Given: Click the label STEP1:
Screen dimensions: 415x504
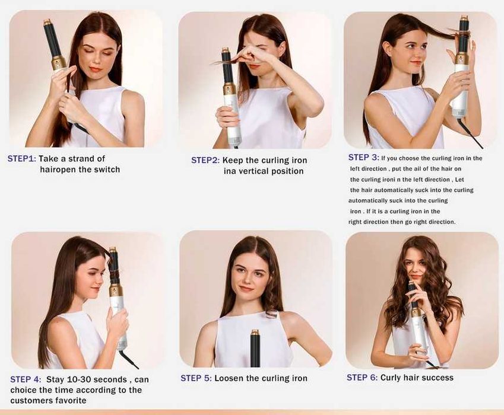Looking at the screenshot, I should pos(22,159).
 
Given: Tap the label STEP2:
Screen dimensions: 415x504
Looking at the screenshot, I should pos(205,160).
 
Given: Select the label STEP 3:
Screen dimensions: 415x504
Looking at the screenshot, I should pos(363,158).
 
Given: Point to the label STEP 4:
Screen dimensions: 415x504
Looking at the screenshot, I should pos(26,379).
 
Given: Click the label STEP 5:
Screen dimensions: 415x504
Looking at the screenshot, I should pos(196,378).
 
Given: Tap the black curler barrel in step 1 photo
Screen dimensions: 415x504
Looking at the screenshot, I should pos(51,38).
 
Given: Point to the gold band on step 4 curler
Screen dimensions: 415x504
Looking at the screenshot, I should pos(116,290).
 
